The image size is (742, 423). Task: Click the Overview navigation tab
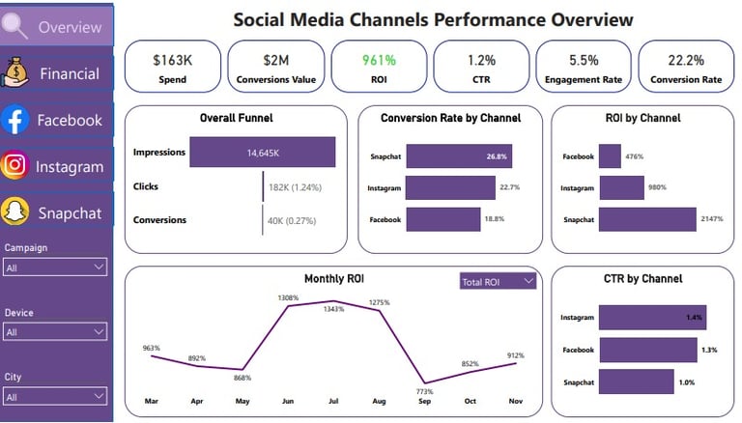click(58, 26)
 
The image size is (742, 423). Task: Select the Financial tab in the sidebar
click(58, 73)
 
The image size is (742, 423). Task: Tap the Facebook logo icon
click(14, 120)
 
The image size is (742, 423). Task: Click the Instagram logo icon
click(14, 166)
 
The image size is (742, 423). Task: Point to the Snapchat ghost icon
click(14, 211)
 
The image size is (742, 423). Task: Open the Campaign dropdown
click(55, 267)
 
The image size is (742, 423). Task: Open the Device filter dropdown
click(55, 331)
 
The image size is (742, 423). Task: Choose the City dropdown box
click(55, 396)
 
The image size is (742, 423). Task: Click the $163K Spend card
click(173, 67)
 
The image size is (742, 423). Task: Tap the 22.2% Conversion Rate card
click(683, 67)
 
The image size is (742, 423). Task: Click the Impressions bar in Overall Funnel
click(262, 153)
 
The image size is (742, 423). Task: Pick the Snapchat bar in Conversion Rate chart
click(458, 156)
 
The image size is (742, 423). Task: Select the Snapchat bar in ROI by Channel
click(646, 220)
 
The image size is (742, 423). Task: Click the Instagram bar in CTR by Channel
click(653, 317)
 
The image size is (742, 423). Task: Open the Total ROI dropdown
click(498, 281)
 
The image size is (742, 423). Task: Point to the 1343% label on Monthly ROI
click(334, 310)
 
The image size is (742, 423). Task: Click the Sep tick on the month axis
click(424, 400)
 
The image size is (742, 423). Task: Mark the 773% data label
click(424, 390)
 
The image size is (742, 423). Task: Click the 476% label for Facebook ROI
click(634, 156)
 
